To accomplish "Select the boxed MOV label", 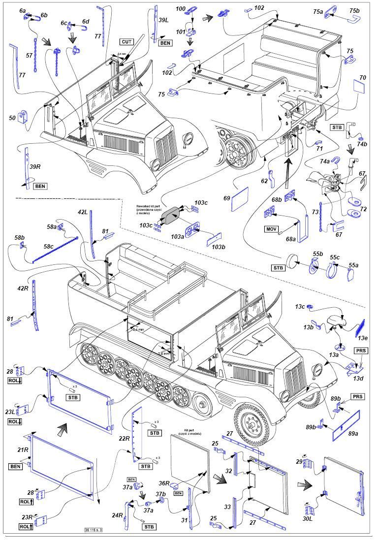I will click(x=271, y=229).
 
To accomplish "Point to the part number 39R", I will click(x=34, y=167).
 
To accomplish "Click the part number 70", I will click(x=363, y=77).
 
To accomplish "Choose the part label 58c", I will click(x=48, y=246).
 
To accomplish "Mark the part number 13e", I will click(x=363, y=338).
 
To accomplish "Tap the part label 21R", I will click(x=23, y=450).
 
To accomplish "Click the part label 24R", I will click(x=117, y=515).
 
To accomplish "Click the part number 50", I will click(x=12, y=118).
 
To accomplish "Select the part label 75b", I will click(x=354, y=11).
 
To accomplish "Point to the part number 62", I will click(x=264, y=181).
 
